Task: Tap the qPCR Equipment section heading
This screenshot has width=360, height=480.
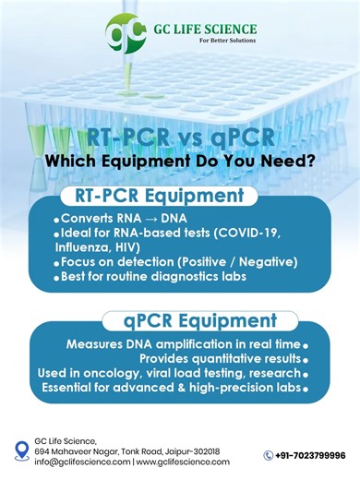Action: (x=203, y=321)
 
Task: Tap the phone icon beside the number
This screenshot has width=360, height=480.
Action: (x=269, y=455)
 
